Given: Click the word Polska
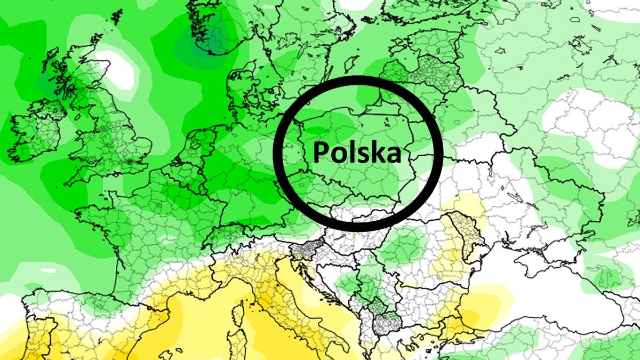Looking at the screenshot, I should pos(357,153).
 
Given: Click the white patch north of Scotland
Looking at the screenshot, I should pos(120,67).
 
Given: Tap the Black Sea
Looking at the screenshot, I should pos(533,304).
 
